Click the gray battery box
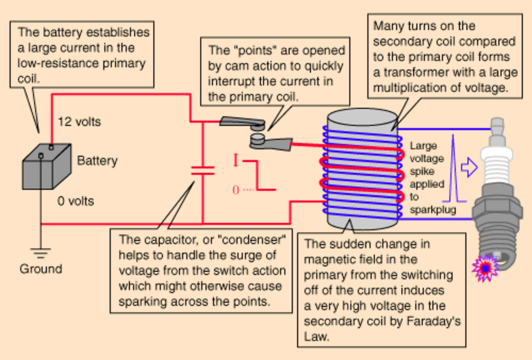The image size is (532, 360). coord(46,167)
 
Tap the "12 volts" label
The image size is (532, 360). coord(79,122)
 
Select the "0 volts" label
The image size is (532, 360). coord(76,201)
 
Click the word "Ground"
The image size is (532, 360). coord(40,269)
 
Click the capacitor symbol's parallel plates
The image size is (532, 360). coord(203,171)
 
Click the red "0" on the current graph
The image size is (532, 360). coord(236,190)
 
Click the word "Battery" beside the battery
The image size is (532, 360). coord(97,161)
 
